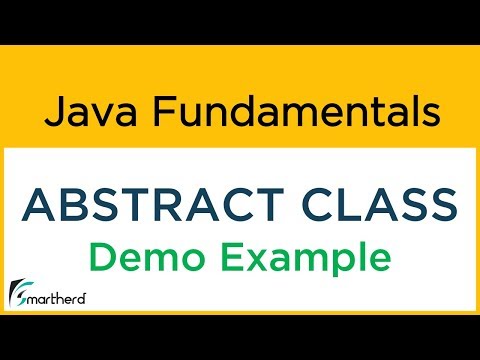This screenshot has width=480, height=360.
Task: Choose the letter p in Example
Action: coord(332,262)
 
